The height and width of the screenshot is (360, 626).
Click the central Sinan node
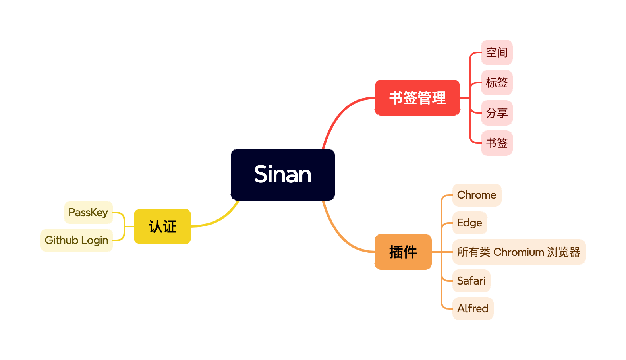click(282, 174)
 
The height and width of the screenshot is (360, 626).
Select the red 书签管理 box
click(417, 98)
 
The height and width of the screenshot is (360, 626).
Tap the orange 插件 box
click(403, 252)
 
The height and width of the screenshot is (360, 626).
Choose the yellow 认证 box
click(162, 226)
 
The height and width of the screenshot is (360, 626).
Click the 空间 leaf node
click(497, 52)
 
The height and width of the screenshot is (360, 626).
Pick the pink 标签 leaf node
click(497, 83)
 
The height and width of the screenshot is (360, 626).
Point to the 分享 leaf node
click(497, 113)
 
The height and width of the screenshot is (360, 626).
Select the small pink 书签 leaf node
click(497, 143)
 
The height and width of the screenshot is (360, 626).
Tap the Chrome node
click(477, 195)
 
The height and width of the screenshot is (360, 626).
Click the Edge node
click(469, 223)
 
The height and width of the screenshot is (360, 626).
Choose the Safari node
click(471, 281)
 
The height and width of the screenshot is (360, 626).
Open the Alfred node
click(473, 309)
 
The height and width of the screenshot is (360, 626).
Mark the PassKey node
click(88, 213)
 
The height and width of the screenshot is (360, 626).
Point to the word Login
click(95, 240)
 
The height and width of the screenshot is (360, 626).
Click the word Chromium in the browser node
click(518, 252)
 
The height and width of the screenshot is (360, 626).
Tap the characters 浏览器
click(564, 252)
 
